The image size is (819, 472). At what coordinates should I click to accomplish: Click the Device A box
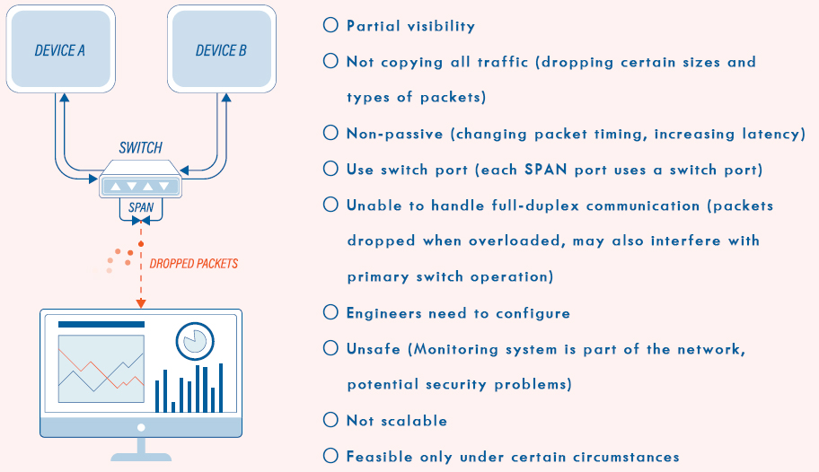pyautogui.click(x=60, y=50)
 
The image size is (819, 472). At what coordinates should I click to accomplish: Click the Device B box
pyautogui.click(x=221, y=50)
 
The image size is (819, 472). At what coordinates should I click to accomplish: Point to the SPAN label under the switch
pyautogui.click(x=141, y=207)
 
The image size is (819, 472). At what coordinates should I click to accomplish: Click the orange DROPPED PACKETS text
pyautogui.click(x=194, y=264)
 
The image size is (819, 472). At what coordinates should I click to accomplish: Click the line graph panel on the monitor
pyautogui.click(x=101, y=369)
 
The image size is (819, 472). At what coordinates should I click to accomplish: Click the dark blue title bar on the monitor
pyautogui.click(x=101, y=324)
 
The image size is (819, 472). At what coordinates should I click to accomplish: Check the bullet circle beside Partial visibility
pyautogui.click(x=330, y=26)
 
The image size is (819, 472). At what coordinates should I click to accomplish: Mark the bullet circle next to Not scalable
pyautogui.click(x=330, y=420)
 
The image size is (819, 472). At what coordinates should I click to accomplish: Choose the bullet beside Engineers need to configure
pyautogui.click(x=330, y=312)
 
